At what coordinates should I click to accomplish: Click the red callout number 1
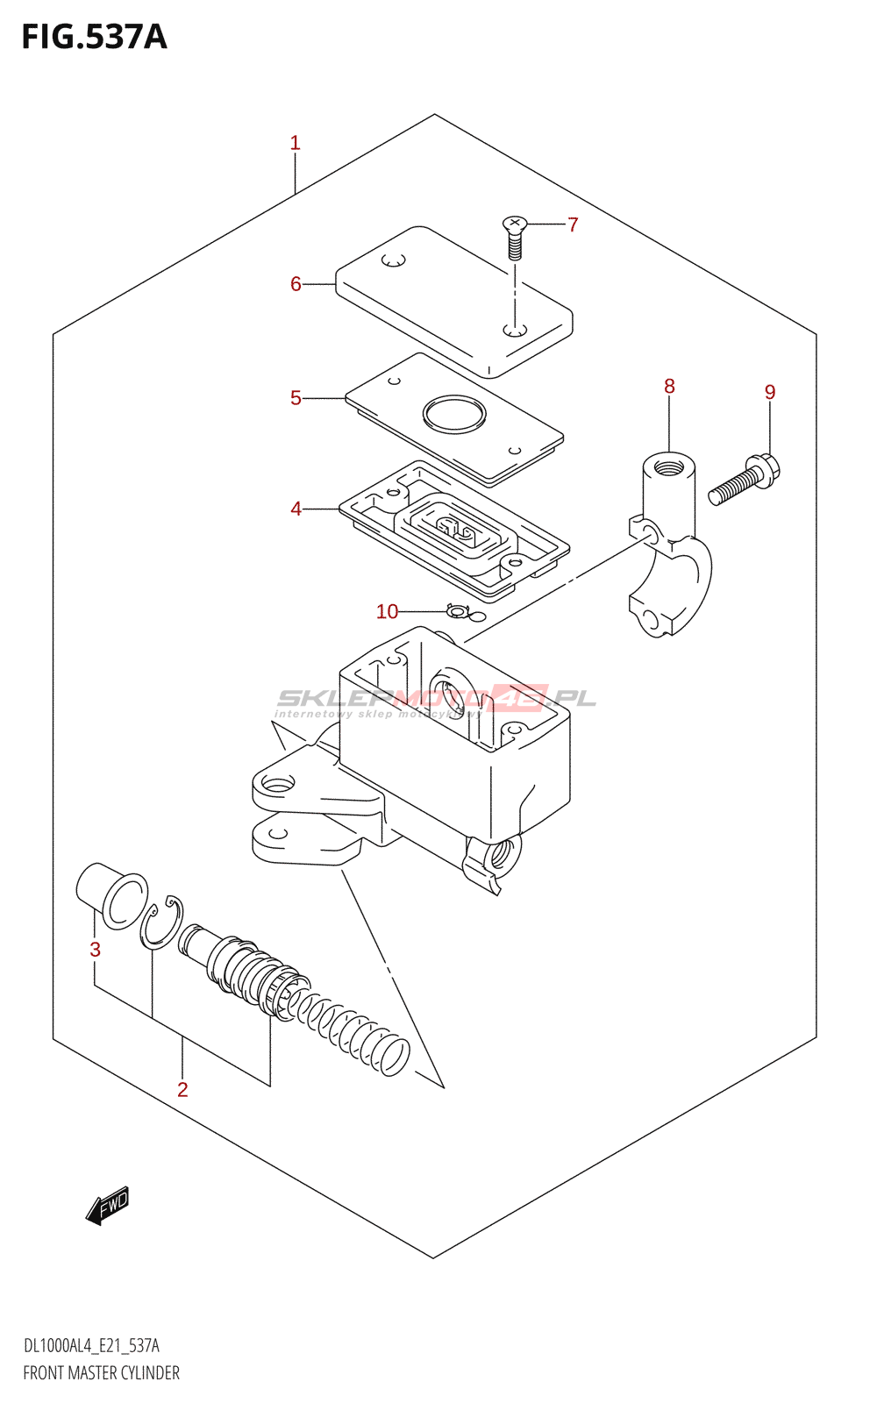point(296,143)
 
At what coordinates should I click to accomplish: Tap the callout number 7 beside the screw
point(573,225)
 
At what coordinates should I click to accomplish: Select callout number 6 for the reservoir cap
point(296,284)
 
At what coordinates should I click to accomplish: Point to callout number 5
point(296,398)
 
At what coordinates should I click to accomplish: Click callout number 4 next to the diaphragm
point(296,509)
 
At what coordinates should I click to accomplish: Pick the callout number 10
point(387,611)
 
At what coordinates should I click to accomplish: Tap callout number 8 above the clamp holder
point(669,386)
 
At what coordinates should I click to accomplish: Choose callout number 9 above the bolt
point(770,392)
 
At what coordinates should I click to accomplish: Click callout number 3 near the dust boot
point(96,949)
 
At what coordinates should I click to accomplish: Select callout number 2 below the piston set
point(182,1089)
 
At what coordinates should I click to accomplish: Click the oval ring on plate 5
point(453,414)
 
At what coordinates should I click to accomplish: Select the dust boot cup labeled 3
point(111,894)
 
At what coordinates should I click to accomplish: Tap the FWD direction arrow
point(108,1206)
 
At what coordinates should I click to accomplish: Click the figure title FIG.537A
point(94,37)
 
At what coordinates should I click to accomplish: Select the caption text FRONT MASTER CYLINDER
point(101,1373)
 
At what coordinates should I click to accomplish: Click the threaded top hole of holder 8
point(668,463)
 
